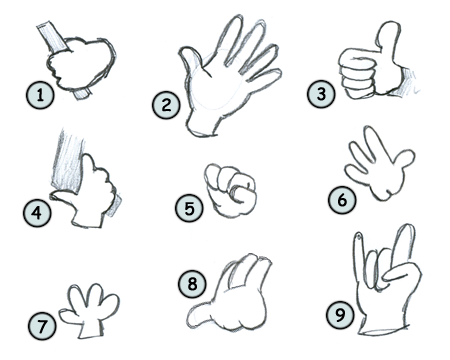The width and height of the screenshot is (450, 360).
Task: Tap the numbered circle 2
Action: pos(166,104)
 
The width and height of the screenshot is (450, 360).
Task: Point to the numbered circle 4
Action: pos(38,212)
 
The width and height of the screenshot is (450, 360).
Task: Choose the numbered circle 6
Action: pos(341,199)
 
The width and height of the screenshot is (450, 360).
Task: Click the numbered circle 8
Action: pos(193,283)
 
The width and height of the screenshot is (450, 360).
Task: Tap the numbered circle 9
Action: pos(339,314)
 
